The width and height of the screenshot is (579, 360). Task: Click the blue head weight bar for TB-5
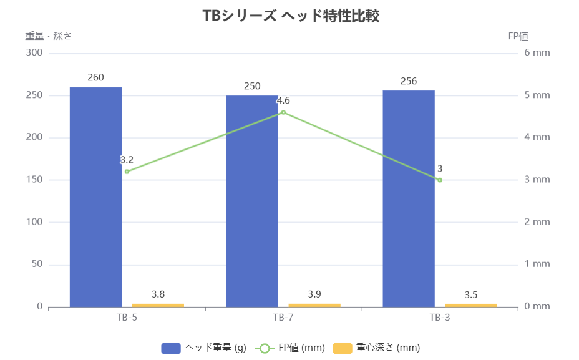coord(95,197)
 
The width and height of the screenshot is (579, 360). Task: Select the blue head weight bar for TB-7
coord(252,201)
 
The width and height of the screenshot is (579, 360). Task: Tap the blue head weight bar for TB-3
coord(409,198)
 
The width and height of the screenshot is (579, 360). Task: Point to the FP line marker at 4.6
coord(283,112)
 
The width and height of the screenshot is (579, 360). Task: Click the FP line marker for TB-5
coord(127,172)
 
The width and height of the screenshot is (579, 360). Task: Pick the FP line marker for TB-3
coord(440,180)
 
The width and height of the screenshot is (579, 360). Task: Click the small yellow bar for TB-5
coord(158,305)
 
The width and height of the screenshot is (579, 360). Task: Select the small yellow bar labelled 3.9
coord(314,305)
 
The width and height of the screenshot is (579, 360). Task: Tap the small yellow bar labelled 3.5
coord(471,305)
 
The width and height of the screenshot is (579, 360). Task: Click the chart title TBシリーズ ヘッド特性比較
coord(291,16)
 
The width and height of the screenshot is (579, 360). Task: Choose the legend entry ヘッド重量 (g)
coord(204,348)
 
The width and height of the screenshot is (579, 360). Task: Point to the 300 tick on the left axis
coord(34,52)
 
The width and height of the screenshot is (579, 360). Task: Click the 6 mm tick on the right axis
coord(537,52)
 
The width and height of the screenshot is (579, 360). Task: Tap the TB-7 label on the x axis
coord(283,317)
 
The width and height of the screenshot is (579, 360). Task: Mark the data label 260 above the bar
coord(95,77)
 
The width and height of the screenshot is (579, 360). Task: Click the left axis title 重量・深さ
coord(49,36)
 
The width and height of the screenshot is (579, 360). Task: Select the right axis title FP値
coord(518,36)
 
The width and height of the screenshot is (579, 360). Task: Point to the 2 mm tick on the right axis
coord(537,222)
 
